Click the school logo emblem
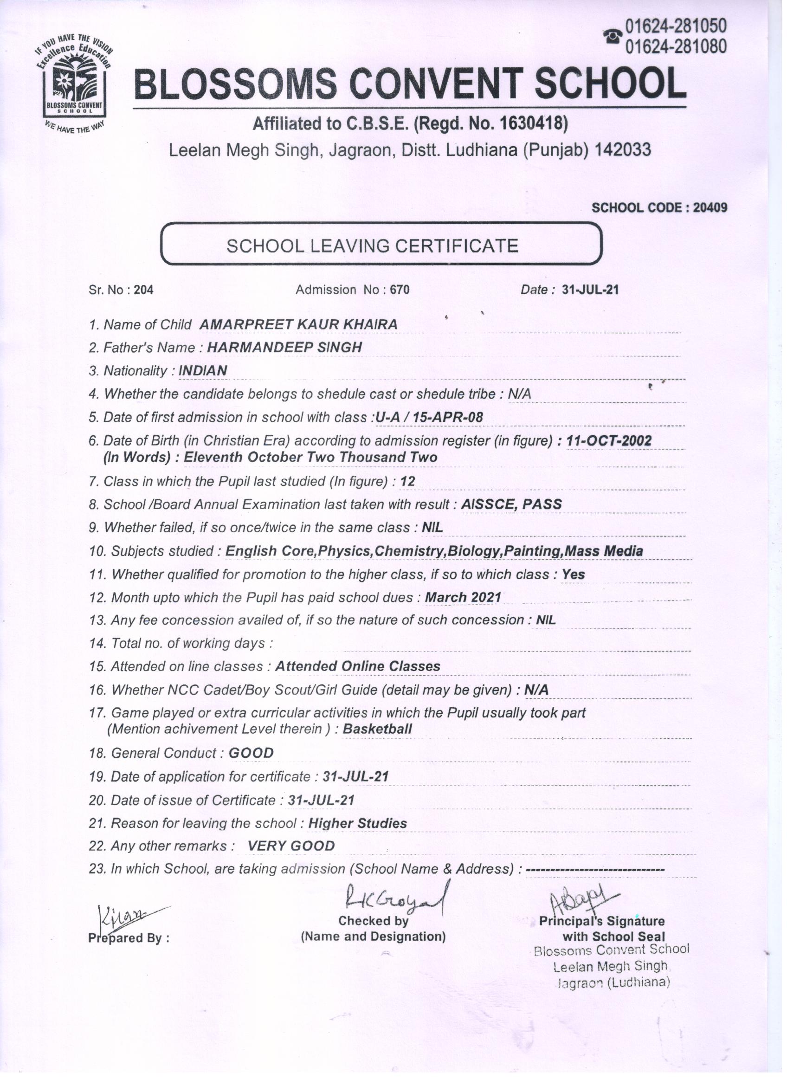click(74, 82)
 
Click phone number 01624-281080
click(676, 47)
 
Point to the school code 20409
click(710, 207)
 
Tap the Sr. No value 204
click(143, 290)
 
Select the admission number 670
click(400, 290)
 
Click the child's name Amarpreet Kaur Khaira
click(298, 324)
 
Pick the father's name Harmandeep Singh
click(284, 347)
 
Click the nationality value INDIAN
click(202, 371)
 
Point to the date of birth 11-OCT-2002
click(608, 440)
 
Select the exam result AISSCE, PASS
click(511, 504)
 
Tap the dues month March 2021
click(463, 598)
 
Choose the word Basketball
click(377, 729)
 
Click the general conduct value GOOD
click(251, 753)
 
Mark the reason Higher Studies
click(357, 823)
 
